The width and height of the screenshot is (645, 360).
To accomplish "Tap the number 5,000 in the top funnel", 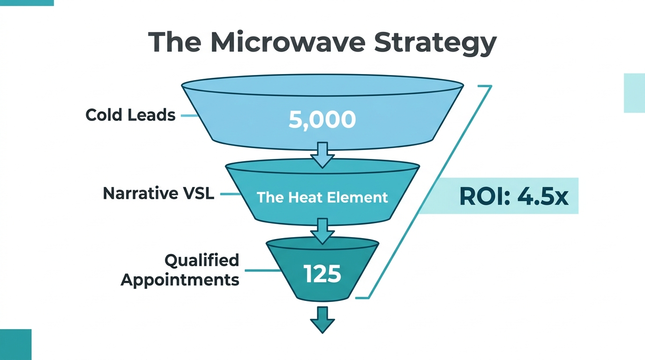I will [322, 120].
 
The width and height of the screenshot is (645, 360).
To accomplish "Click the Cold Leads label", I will [130, 115].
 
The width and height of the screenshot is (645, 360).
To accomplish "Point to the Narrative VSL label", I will [158, 193].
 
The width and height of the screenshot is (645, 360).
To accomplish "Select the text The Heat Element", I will [322, 197].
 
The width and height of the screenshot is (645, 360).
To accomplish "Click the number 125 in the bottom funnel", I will [322, 274].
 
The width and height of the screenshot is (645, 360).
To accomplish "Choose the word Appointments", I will [180, 280].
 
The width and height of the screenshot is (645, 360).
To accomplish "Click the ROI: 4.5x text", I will [514, 197].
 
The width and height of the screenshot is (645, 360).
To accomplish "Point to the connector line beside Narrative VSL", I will [228, 194].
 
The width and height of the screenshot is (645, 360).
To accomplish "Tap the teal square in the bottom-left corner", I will [15, 345].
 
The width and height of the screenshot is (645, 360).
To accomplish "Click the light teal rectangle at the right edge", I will [634, 93].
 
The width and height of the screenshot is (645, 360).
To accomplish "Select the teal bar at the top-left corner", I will [27, 2].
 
